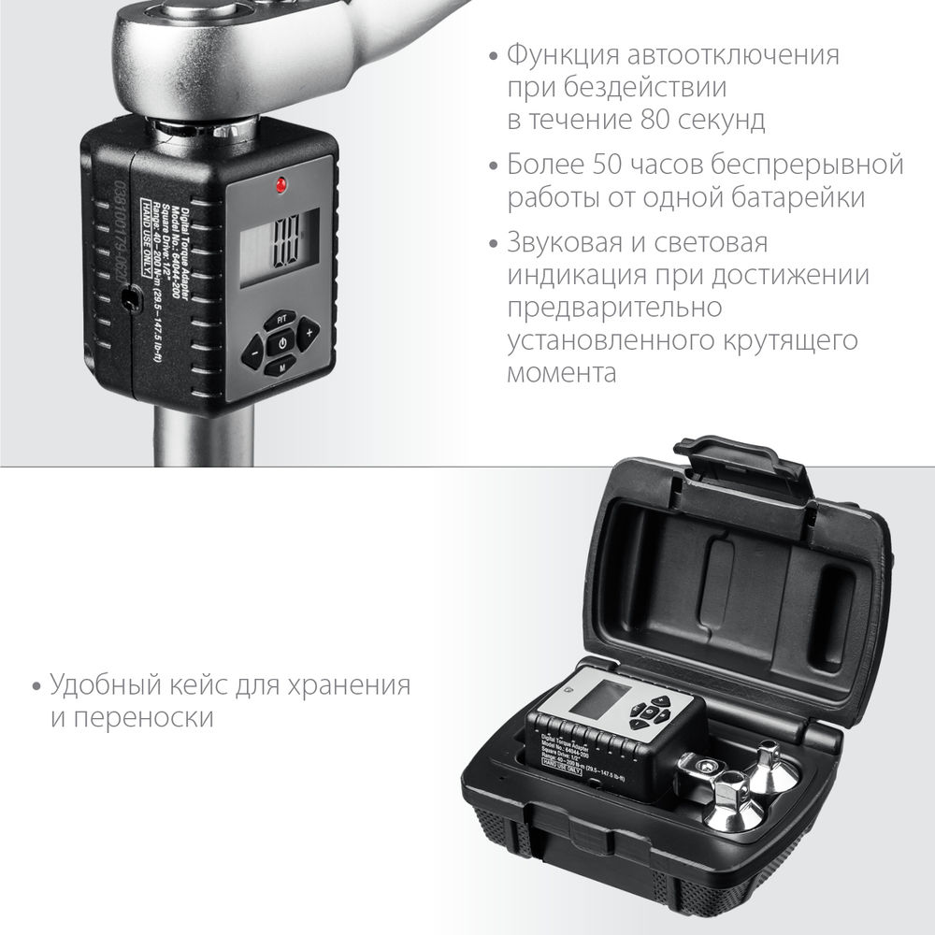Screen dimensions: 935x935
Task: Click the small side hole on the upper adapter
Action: click(127, 296)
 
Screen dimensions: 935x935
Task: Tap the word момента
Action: click(561, 373)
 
